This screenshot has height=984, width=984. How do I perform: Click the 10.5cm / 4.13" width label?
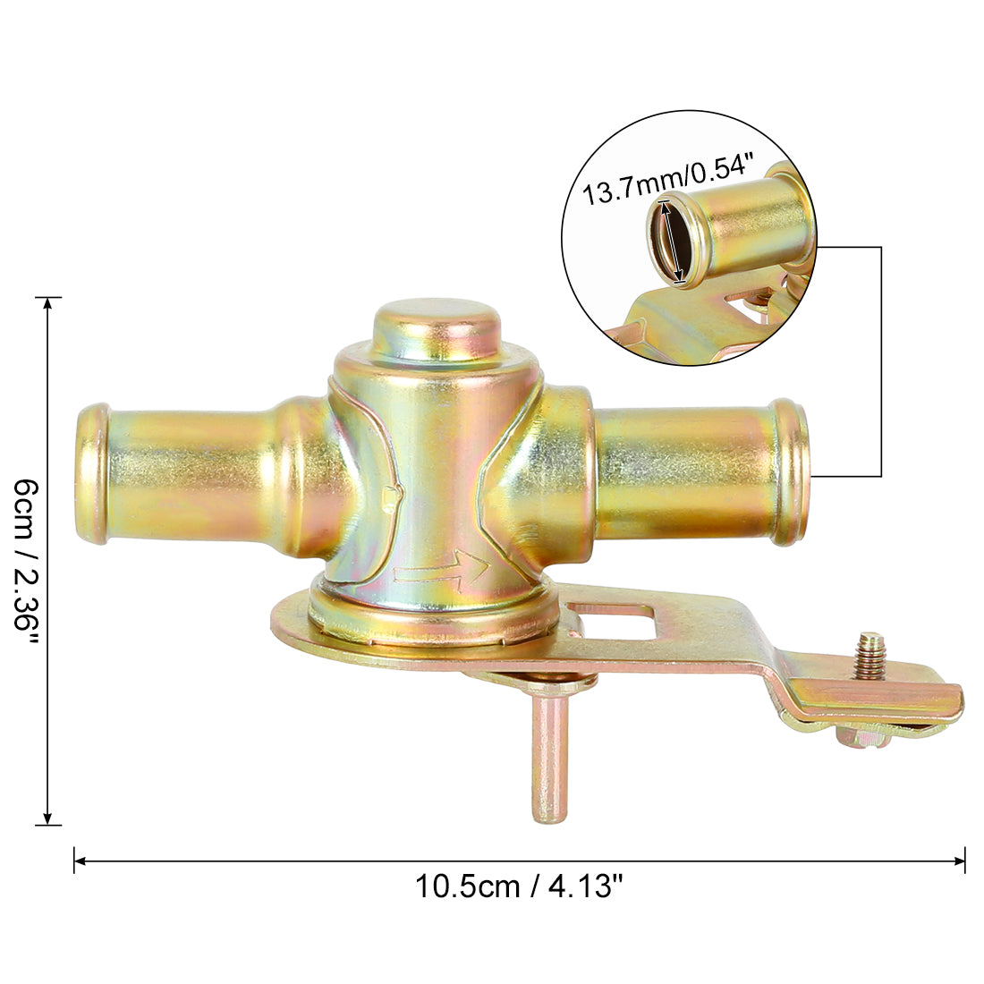click(519, 886)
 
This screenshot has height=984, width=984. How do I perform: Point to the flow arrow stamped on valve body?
click(441, 570)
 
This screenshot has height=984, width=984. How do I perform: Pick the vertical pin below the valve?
click(550, 756)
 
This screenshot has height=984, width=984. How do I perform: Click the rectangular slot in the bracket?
click(612, 619)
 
